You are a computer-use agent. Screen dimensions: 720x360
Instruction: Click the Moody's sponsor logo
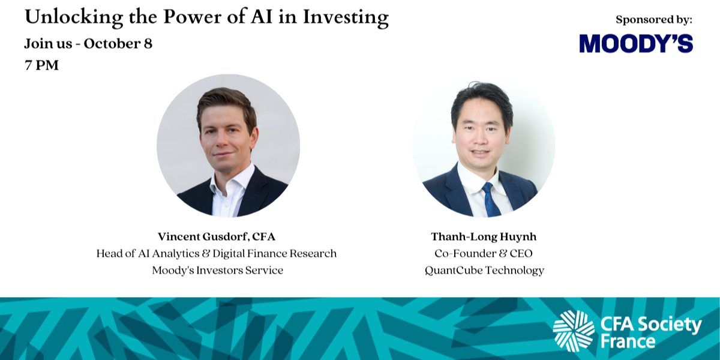(636, 43)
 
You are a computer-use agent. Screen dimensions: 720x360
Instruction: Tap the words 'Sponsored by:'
(654, 20)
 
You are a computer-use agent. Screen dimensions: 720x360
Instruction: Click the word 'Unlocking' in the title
(74, 17)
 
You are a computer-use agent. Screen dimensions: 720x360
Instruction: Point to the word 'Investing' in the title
(346, 17)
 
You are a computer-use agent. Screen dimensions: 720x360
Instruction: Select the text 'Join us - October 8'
(88, 44)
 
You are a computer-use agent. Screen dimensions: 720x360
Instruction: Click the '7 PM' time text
(42, 65)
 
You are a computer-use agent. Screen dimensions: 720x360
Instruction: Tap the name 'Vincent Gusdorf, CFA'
(217, 236)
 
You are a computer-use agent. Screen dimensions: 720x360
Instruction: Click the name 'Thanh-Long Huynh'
(484, 236)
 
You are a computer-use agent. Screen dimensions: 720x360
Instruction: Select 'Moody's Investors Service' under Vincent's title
(218, 270)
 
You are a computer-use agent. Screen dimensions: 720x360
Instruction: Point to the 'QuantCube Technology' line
(484, 271)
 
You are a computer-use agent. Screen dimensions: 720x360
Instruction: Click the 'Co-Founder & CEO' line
(484, 253)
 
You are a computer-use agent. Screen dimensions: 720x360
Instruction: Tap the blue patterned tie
(491, 200)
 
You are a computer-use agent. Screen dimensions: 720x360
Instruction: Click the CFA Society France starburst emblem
(574, 331)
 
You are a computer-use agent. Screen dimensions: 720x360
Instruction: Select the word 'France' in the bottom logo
(628, 341)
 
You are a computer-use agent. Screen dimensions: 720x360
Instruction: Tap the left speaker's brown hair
(227, 103)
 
